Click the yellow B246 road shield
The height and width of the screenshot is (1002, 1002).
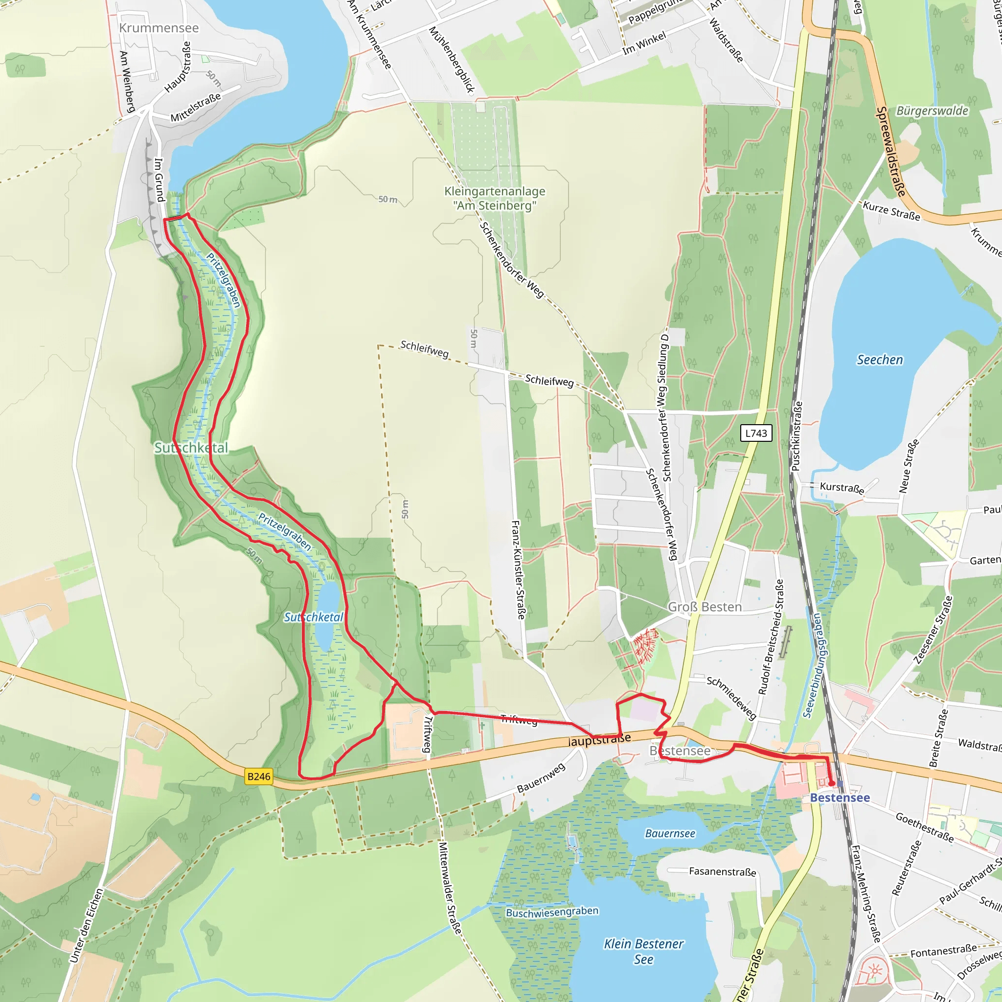[259, 776]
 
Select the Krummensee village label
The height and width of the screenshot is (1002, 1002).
[159, 28]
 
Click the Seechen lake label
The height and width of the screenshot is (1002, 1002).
[880, 360]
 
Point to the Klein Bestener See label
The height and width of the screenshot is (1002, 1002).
[644, 951]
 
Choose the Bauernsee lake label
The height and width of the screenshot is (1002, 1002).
[670, 833]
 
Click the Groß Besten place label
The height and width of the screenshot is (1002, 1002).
[705, 607]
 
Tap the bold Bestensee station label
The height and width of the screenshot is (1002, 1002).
[840, 797]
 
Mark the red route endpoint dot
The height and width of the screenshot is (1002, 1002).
[832, 783]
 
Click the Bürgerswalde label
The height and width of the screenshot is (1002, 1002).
[932, 111]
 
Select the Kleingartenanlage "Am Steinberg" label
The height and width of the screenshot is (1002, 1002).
[495, 198]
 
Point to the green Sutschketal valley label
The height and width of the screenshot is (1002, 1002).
[191, 448]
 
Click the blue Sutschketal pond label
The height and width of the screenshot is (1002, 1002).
[313, 617]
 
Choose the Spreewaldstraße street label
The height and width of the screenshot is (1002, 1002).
[891, 152]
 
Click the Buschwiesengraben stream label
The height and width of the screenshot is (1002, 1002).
[552, 912]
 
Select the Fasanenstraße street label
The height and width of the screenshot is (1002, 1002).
[722, 872]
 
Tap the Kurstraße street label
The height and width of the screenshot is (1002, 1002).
[841, 488]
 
